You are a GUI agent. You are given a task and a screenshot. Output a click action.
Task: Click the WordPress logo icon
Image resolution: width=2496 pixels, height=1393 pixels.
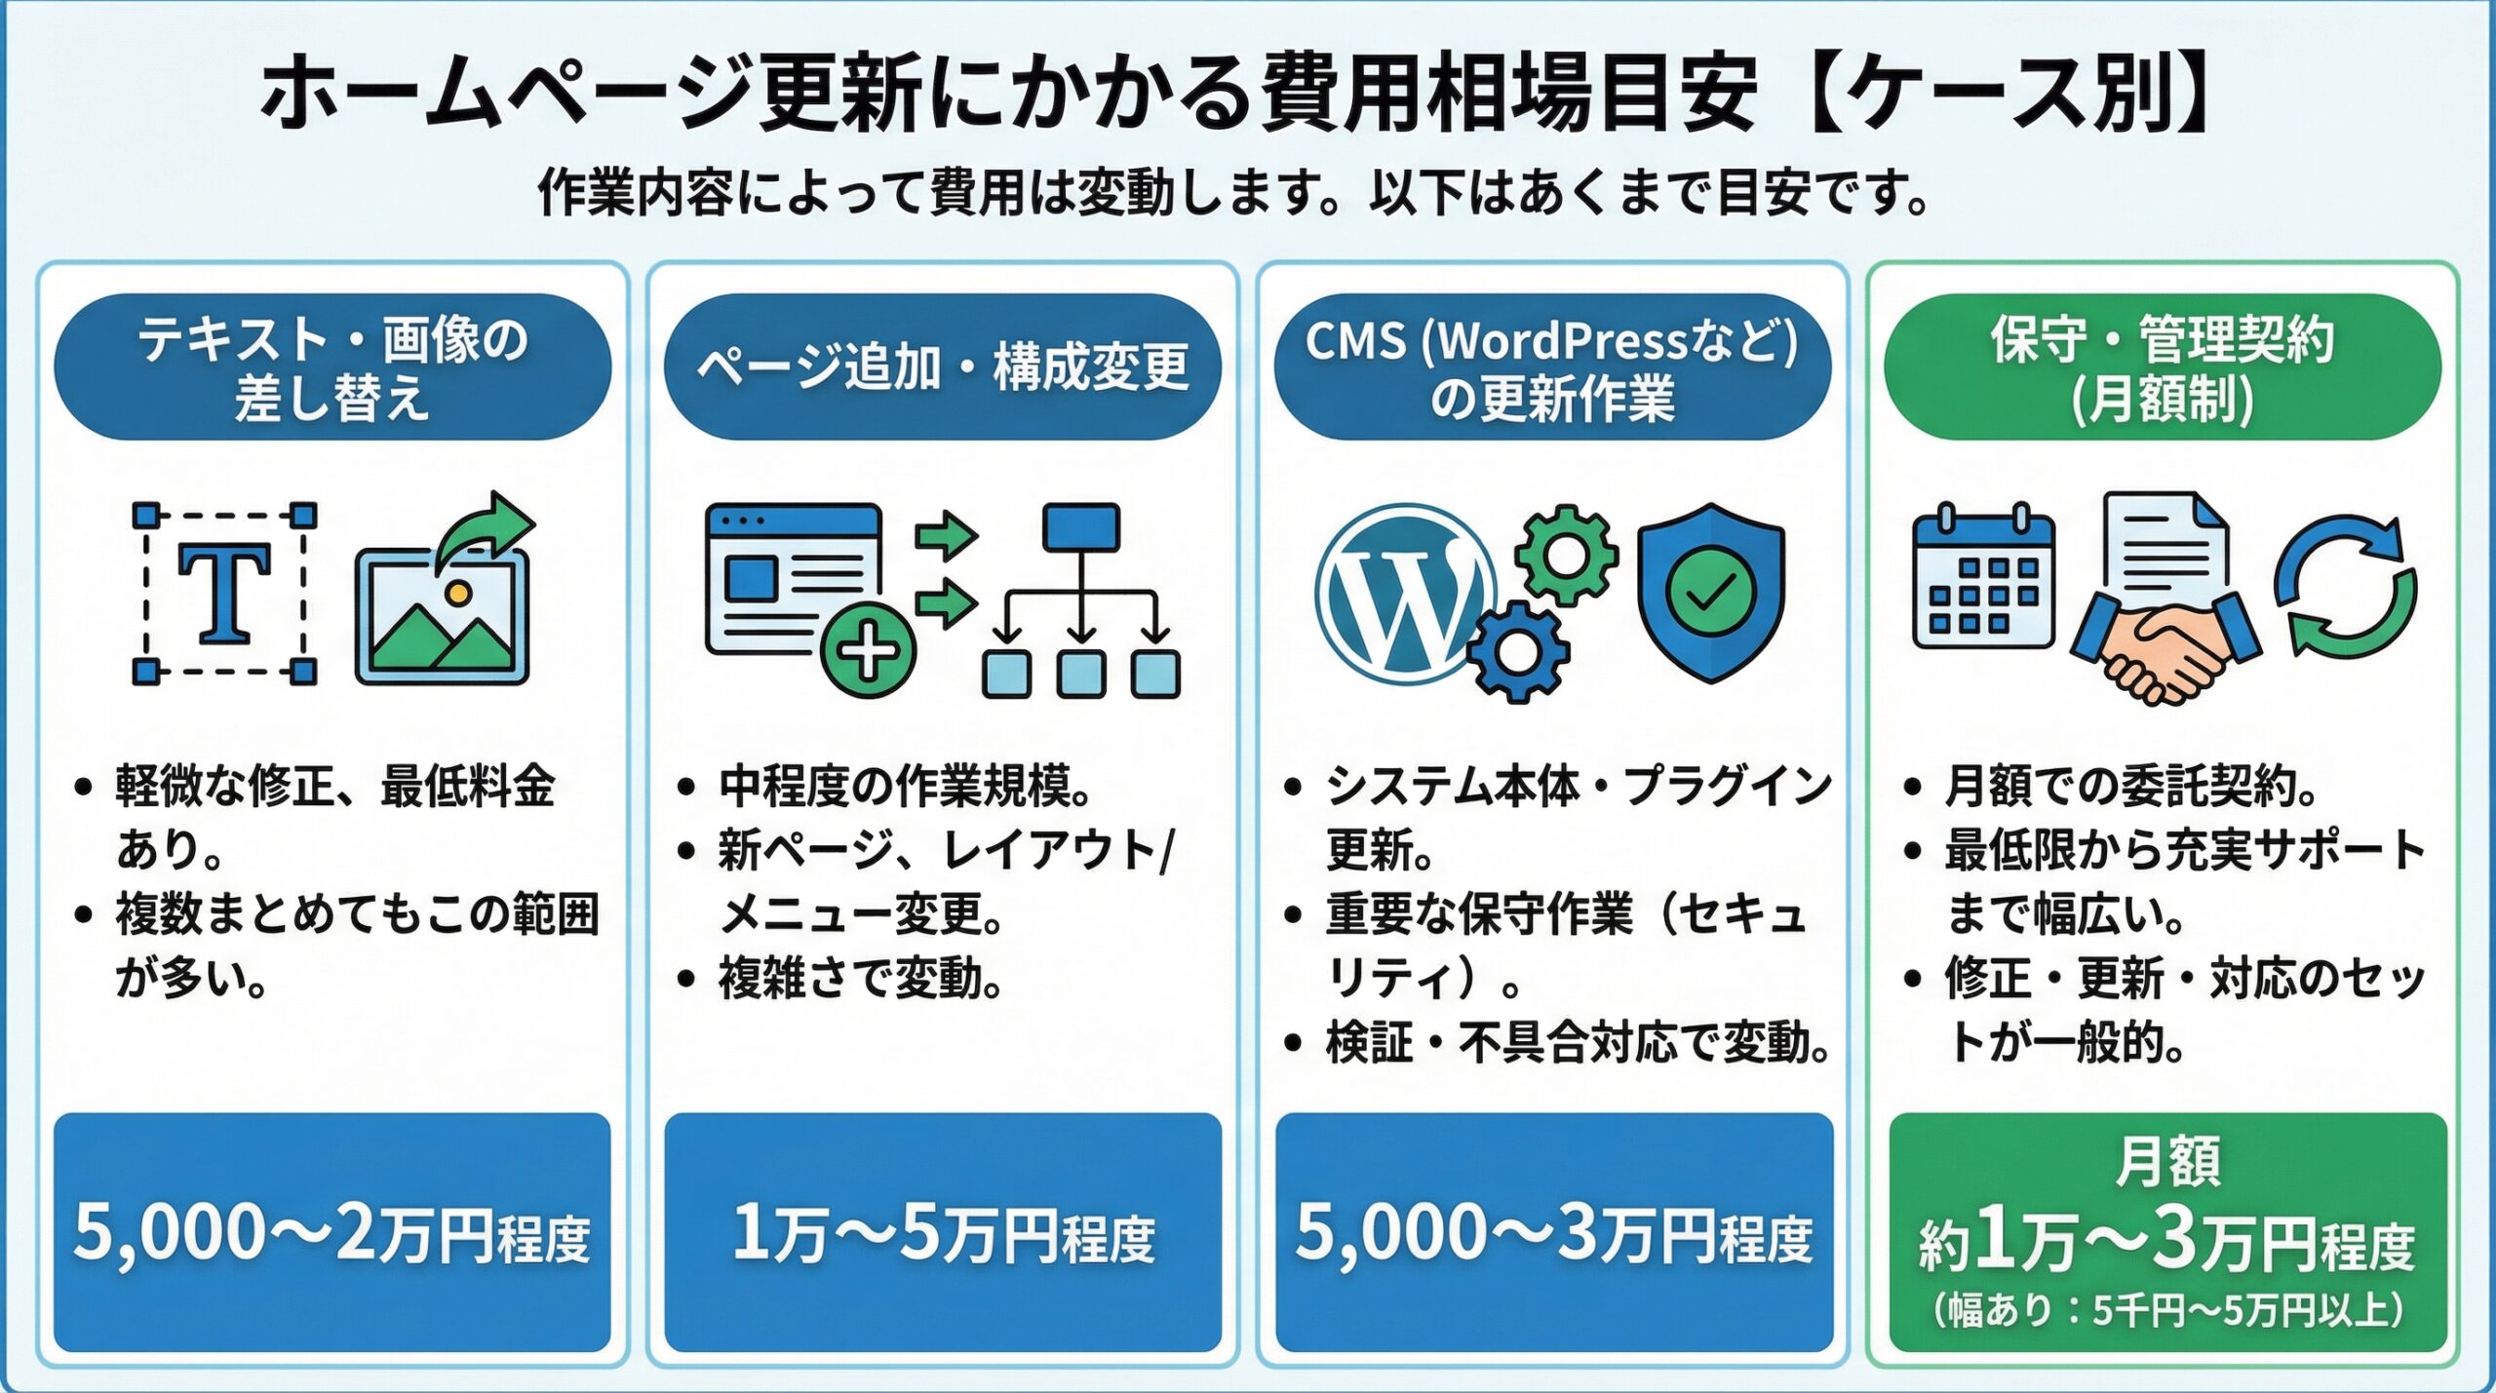click(1404, 592)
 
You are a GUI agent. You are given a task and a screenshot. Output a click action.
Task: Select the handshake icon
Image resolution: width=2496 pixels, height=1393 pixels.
click(2164, 643)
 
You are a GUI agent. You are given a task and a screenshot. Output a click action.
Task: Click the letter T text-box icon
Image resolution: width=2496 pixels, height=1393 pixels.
click(224, 593)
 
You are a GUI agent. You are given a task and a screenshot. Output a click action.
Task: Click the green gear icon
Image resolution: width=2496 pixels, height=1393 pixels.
click(1566, 553)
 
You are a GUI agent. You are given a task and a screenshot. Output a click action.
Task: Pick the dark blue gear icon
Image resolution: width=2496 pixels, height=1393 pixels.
click(1517, 650)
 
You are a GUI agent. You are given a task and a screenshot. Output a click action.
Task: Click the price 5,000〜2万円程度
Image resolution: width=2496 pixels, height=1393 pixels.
click(331, 1233)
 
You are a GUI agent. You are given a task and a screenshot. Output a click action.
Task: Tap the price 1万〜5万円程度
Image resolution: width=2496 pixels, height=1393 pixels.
click(943, 1233)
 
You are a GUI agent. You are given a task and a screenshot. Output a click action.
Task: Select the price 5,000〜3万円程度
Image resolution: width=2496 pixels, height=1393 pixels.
click(1553, 1233)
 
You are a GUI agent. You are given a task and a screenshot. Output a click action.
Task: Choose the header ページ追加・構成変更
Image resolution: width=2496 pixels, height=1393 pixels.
click(943, 368)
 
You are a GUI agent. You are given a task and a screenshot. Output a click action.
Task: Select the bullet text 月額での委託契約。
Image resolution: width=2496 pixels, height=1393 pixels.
click(2130, 787)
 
